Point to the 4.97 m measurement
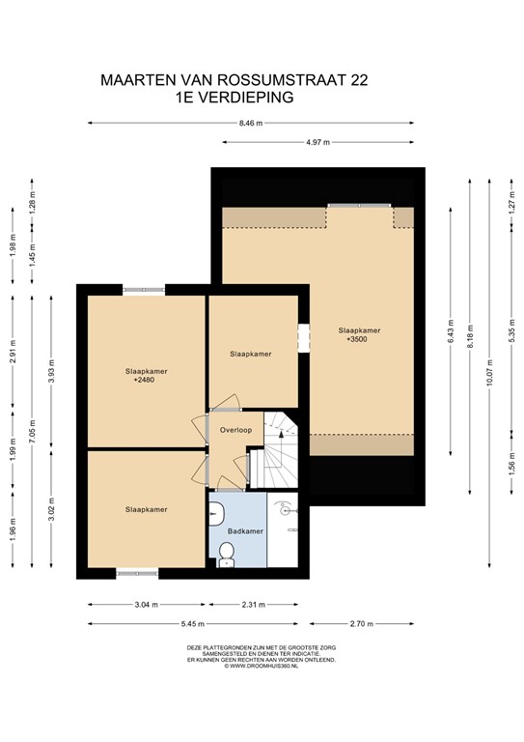(317, 142)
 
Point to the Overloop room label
(235, 429)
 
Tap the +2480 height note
(144, 381)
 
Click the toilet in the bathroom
(227, 552)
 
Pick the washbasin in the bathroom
(216, 513)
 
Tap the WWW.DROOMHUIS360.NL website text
(262, 667)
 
